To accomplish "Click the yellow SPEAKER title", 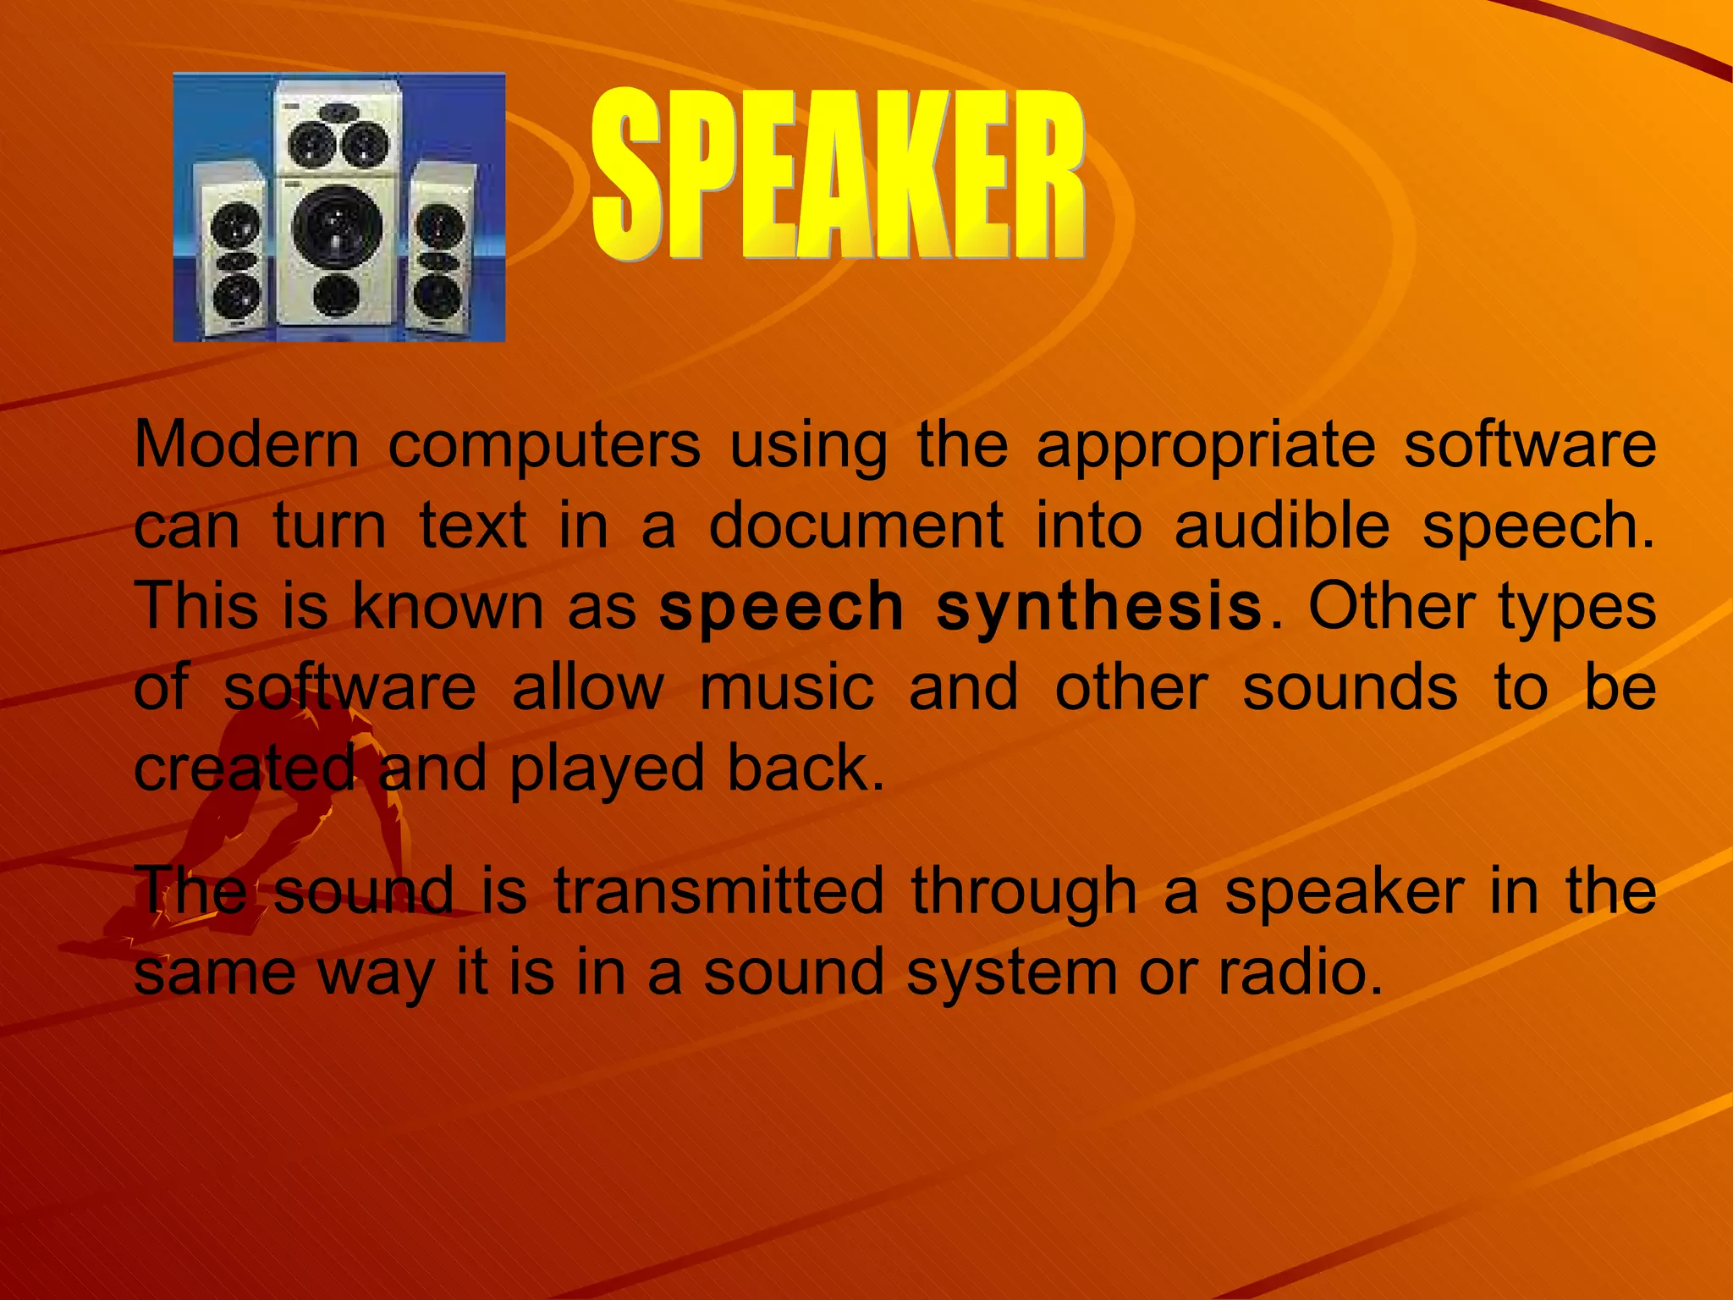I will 838,175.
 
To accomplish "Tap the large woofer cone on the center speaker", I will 337,227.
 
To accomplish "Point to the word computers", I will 544,446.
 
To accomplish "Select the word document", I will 855,526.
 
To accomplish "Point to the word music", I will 787,687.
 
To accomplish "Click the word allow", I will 588,687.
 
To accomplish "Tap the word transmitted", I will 718,890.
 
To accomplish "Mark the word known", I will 448,607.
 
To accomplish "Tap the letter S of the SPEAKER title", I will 626,175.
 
